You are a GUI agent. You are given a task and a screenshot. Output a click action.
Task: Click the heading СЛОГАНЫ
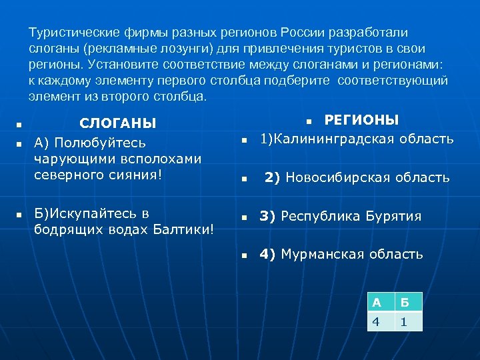tap(118, 123)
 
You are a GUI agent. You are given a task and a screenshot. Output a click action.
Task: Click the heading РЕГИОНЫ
tap(361, 120)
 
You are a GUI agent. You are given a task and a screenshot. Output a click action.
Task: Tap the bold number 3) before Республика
tap(268, 216)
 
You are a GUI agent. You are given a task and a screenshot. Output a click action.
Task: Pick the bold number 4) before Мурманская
tap(268, 254)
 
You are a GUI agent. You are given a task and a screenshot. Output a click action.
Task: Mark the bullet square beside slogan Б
tap(19, 215)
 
